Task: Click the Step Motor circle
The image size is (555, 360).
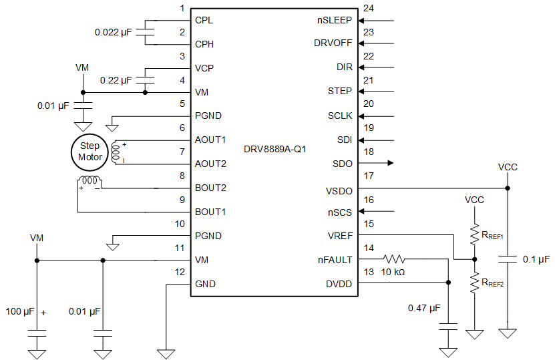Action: click(89, 152)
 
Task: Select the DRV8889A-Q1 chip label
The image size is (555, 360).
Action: click(275, 150)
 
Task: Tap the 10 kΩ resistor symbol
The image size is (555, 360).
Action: click(394, 259)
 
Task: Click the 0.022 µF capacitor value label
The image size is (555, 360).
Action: click(114, 32)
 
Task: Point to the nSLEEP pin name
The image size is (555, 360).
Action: click(335, 20)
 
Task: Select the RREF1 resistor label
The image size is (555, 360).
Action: click(493, 235)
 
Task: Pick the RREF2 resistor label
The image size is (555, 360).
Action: click(493, 283)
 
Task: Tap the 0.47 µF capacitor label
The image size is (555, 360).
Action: click(425, 308)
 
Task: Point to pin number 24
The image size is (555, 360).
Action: click(369, 9)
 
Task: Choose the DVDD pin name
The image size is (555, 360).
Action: click(339, 283)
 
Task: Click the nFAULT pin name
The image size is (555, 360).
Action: click(335, 259)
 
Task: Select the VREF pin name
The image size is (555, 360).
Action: click(339, 235)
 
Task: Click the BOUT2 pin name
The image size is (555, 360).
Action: click(210, 188)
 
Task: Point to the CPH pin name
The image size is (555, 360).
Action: click(205, 44)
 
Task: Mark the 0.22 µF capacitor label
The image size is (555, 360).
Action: click(116, 80)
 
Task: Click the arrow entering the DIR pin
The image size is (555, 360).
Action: click(366, 67)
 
